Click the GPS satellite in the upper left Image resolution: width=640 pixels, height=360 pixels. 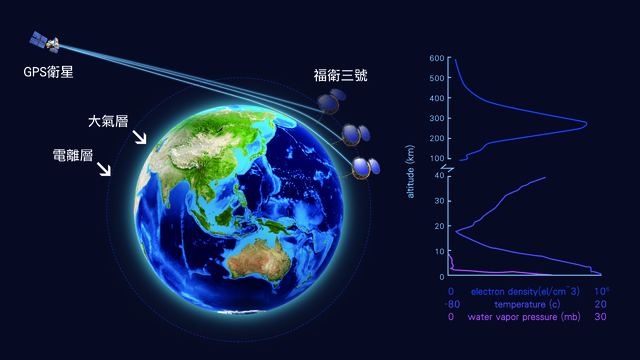click(x=45, y=41)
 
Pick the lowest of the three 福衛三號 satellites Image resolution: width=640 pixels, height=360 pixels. click(x=365, y=167)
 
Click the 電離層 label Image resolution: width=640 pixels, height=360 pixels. click(x=75, y=155)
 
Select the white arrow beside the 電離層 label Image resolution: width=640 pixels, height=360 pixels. click(x=104, y=171)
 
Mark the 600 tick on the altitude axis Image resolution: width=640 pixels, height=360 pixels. click(x=437, y=59)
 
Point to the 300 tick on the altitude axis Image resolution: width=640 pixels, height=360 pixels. click(x=437, y=118)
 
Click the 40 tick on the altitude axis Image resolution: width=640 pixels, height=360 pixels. click(x=439, y=175)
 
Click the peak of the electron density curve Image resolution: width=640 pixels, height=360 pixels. click(x=585, y=124)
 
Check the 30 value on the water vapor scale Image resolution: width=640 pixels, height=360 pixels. click(x=600, y=317)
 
